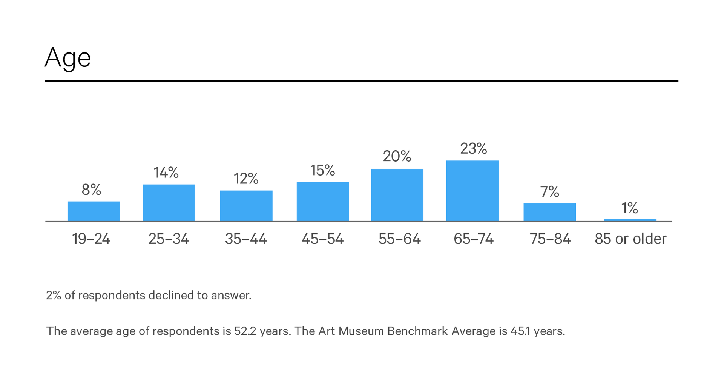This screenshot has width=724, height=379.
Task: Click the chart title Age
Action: coord(68,57)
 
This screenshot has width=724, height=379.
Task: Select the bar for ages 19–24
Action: coord(94,211)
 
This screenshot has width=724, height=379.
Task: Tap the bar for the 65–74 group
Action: coord(472,191)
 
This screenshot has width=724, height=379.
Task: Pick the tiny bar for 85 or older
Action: coord(630,220)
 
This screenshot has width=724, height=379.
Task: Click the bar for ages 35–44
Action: coord(246,206)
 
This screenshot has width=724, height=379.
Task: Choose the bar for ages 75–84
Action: coord(549,212)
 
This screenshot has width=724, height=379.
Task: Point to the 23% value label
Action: coord(473,148)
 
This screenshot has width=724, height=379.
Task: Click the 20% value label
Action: coord(397,156)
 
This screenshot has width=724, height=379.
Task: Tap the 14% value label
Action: coord(166,173)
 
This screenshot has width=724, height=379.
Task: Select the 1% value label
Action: coord(629,208)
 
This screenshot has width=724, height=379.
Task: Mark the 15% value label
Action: coord(322,170)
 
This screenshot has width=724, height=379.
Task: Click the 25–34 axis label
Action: coord(169,239)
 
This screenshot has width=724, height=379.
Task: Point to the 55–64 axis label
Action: coord(399,239)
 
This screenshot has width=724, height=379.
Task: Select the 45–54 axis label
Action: coord(322,239)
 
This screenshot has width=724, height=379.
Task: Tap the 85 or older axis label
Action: coord(630,239)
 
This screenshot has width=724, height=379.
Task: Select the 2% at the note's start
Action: coord(54,295)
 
